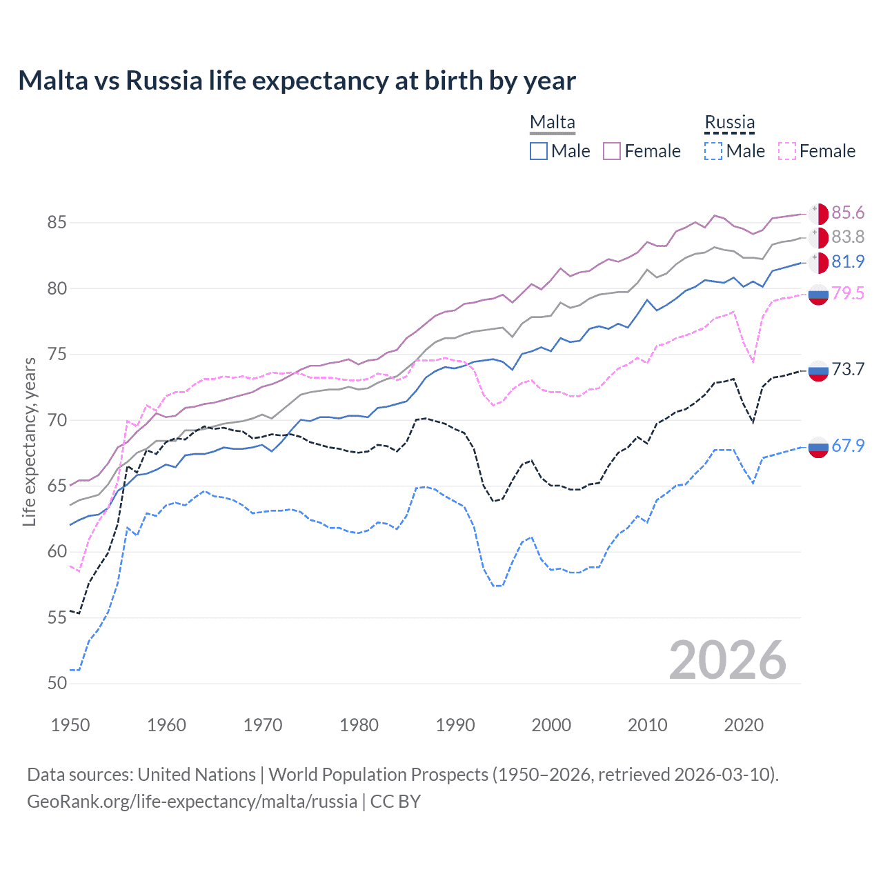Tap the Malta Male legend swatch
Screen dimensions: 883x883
point(539,151)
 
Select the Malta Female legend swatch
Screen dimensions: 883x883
point(612,151)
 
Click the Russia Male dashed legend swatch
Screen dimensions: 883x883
point(713,151)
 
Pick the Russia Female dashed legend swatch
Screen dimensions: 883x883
point(787,151)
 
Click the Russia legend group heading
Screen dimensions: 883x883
point(729,122)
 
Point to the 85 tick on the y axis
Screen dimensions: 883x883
point(57,223)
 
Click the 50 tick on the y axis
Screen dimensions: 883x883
point(57,684)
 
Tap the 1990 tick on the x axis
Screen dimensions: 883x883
point(455,725)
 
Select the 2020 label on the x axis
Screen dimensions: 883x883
point(744,725)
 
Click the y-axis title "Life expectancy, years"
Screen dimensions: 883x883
point(29,441)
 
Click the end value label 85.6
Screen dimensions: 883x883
point(848,213)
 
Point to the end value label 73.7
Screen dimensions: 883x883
point(848,370)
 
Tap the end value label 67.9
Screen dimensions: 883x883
point(848,446)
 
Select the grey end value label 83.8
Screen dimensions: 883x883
point(848,237)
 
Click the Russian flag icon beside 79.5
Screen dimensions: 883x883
point(818,294)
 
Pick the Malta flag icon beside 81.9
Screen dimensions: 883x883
point(818,263)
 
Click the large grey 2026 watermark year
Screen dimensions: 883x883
point(727,660)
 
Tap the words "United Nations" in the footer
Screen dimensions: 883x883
point(197,775)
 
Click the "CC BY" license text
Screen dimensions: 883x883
point(395,802)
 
